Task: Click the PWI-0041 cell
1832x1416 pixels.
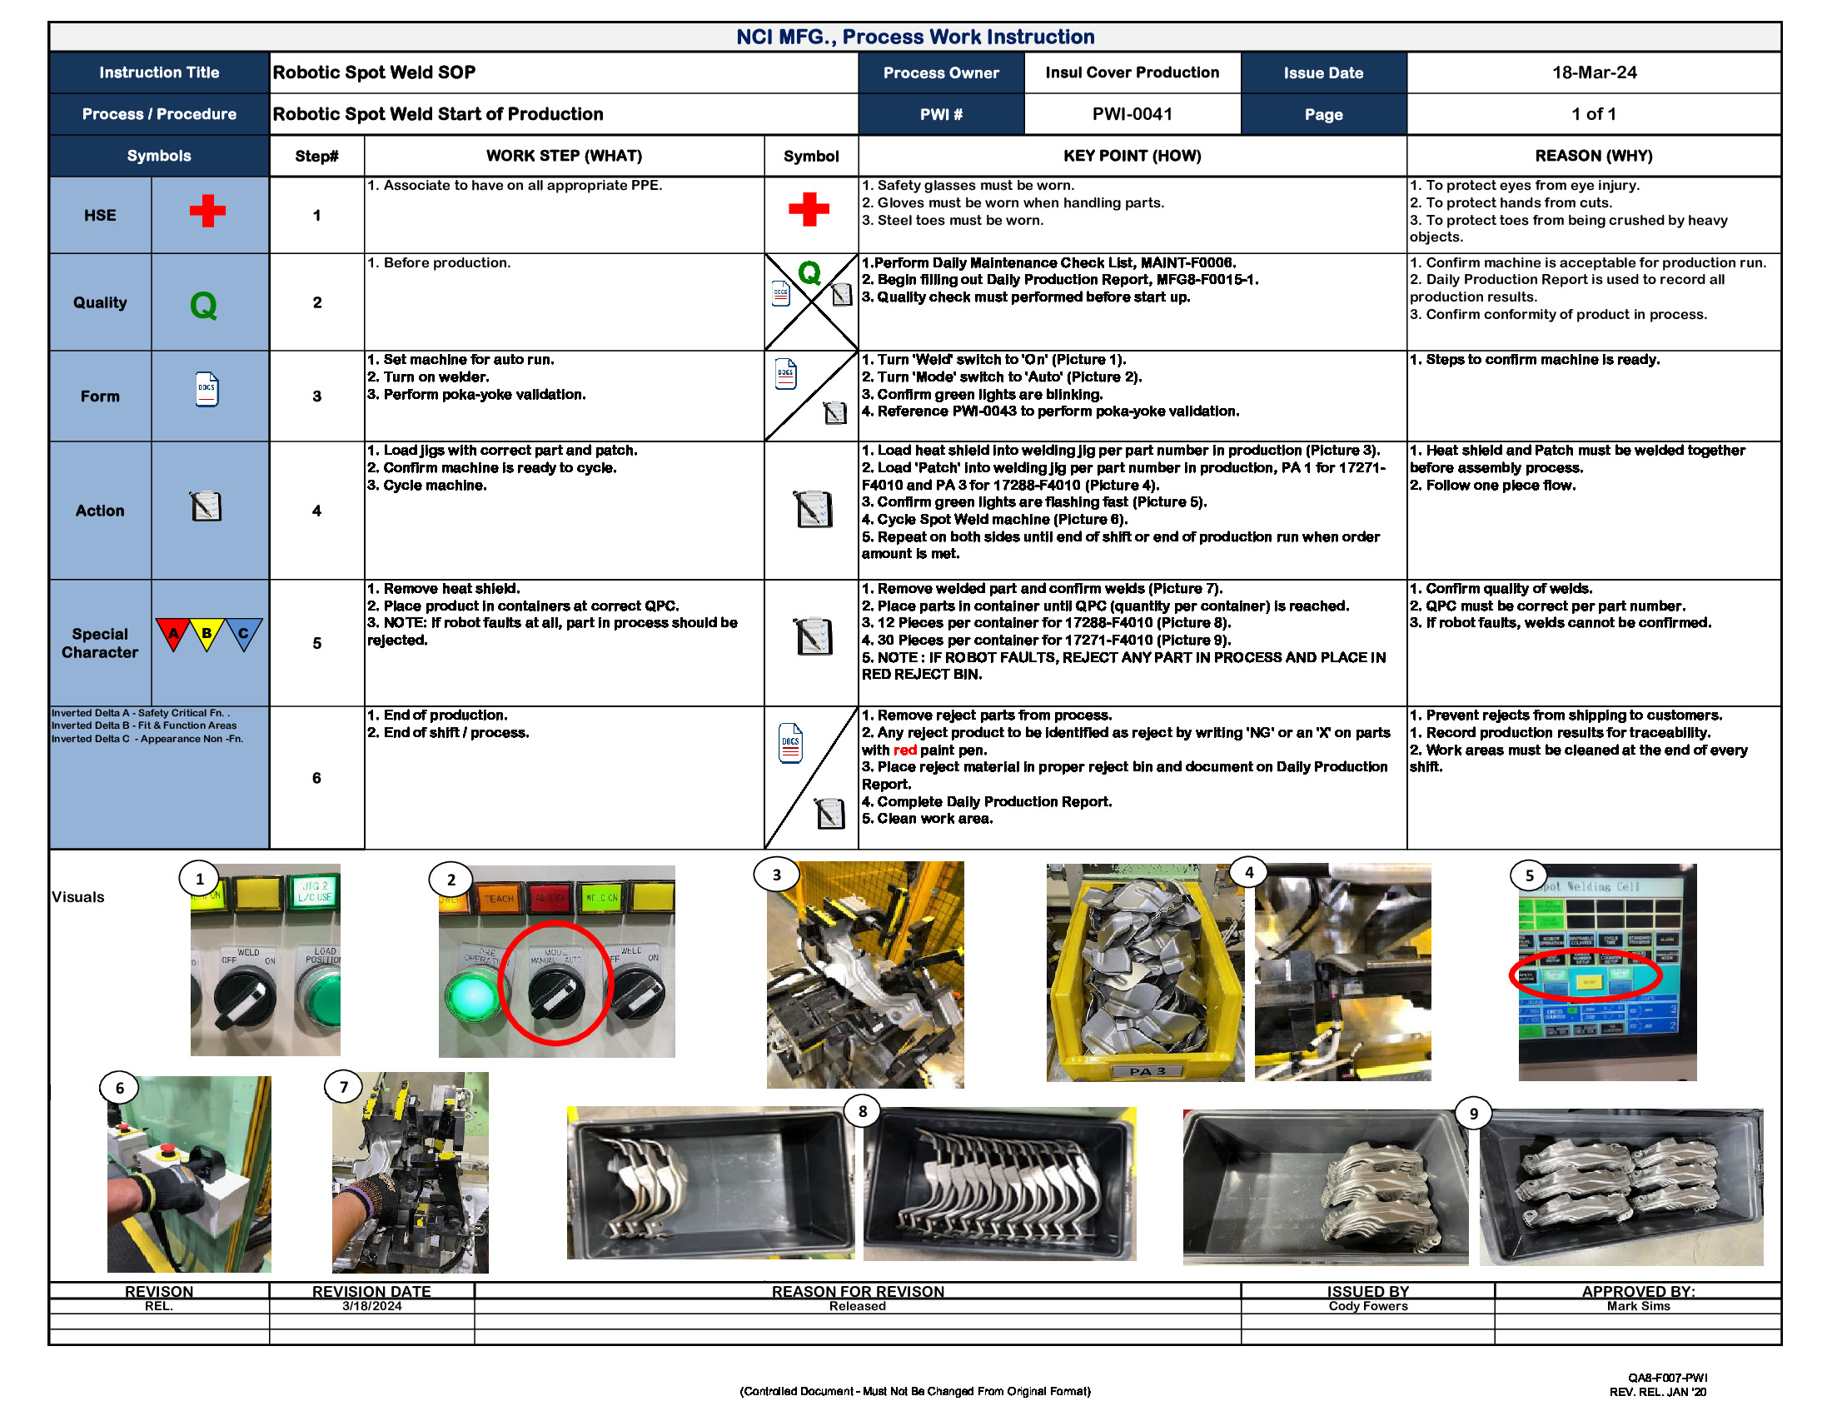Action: tap(1132, 114)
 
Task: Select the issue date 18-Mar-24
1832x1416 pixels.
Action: tap(1593, 72)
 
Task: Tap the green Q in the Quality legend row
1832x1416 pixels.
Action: tap(203, 305)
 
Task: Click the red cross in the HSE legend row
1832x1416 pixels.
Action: tap(207, 211)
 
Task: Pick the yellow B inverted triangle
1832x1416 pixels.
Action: tap(207, 633)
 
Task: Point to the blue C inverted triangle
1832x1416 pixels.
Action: tap(243, 633)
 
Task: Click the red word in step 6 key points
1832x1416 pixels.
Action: tap(904, 750)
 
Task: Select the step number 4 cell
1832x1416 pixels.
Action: tap(316, 511)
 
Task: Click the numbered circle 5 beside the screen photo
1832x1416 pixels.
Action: tap(1528, 875)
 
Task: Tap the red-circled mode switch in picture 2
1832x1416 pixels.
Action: tap(555, 992)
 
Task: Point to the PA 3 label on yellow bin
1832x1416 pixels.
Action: tap(1147, 1071)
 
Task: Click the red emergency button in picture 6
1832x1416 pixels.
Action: tap(167, 1149)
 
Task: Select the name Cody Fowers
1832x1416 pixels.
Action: tap(1367, 1306)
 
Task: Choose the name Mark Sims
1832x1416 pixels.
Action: tap(1637, 1306)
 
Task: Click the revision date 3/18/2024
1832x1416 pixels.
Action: tap(371, 1306)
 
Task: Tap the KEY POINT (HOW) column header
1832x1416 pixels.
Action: tap(1132, 156)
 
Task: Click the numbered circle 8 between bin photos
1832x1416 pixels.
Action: tap(863, 1111)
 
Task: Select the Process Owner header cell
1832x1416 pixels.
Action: tap(940, 73)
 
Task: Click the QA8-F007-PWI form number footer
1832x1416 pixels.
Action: tap(1667, 1378)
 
